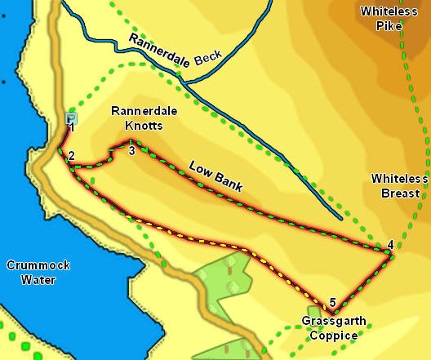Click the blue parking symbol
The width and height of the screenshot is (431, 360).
point(70,118)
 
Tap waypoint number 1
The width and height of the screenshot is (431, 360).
point(72,128)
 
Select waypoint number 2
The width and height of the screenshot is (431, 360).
point(72,156)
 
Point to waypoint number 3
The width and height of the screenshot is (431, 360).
point(131,149)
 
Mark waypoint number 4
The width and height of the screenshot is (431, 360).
point(390,245)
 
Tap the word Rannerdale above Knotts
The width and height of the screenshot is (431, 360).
point(137,112)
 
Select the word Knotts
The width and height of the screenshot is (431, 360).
point(137,127)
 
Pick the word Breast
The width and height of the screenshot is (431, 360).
point(399,193)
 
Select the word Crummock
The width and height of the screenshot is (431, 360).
point(33,265)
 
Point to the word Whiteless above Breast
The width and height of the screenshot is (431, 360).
point(395,178)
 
